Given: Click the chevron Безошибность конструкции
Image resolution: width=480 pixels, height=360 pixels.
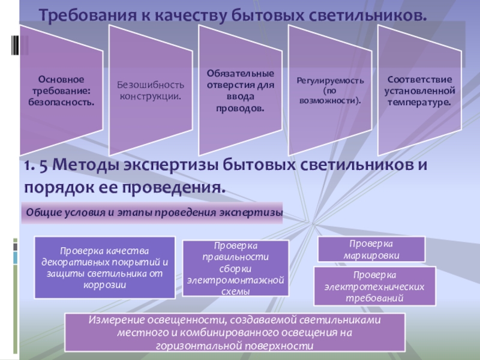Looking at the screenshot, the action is pyautogui.click(x=151, y=90).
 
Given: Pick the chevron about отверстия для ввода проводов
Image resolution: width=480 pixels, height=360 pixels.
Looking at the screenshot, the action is pyautogui.click(x=241, y=90).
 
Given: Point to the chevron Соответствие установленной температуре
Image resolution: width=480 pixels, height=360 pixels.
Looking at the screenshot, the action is pyautogui.click(x=419, y=90).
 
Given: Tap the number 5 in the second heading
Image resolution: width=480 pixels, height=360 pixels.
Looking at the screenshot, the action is pyautogui.click(x=43, y=165).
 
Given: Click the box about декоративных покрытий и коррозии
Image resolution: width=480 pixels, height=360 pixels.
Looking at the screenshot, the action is pyautogui.click(x=104, y=268).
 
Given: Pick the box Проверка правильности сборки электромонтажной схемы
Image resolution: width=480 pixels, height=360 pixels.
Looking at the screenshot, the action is pyautogui.click(x=235, y=269).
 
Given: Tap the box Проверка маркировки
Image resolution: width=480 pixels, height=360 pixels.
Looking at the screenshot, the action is pyautogui.click(x=371, y=249).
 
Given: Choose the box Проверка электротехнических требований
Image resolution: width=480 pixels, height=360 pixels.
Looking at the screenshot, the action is pyautogui.click(x=375, y=286).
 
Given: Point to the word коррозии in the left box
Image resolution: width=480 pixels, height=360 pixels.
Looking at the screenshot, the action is pyautogui.click(x=105, y=285).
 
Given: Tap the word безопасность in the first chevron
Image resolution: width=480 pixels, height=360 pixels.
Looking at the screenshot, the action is pyautogui.click(x=61, y=102).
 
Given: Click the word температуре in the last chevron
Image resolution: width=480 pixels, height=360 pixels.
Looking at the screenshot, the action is pyautogui.click(x=419, y=102).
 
